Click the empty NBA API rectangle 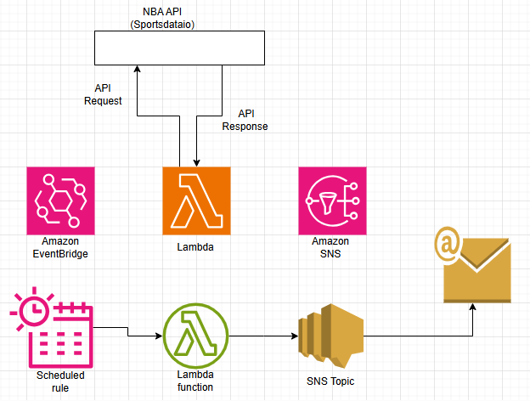coord(178,48)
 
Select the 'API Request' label coord(103,94)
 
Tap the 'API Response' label coord(245,120)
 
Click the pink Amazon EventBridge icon coord(61,200)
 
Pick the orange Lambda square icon coord(196,200)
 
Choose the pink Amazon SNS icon coord(332,200)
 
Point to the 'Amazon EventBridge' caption coord(60,247)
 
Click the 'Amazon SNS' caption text coord(330,247)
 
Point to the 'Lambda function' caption coord(195,381)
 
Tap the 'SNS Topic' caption coord(330,381)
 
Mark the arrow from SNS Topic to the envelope coord(425,337)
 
